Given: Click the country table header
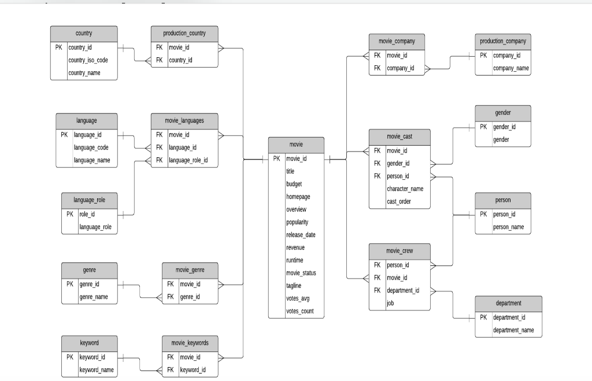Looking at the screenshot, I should pyautogui.click(x=84, y=34).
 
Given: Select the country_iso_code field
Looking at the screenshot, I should pyautogui.click(x=88, y=60).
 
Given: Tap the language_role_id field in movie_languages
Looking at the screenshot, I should pyautogui.click(x=188, y=160).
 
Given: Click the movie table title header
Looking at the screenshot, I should pyautogui.click(x=296, y=144).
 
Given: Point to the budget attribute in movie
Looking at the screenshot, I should pyautogui.click(x=294, y=184).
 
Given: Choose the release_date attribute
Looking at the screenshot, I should pyautogui.click(x=301, y=235).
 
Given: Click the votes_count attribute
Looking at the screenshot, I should pyautogui.click(x=299, y=311).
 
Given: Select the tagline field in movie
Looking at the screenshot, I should pyautogui.click(x=294, y=286).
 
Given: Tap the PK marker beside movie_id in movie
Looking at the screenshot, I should pyautogui.click(x=276, y=158).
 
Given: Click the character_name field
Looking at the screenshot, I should pyautogui.click(x=405, y=188).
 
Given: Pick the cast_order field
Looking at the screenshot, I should pyautogui.click(x=399, y=201).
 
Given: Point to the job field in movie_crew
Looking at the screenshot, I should pyautogui.click(x=390, y=303).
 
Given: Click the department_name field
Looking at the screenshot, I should pyautogui.click(x=513, y=330).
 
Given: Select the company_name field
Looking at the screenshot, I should pyautogui.click(x=510, y=68).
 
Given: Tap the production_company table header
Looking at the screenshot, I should pyautogui.click(x=503, y=42).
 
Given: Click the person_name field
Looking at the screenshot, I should pyautogui.click(x=508, y=227).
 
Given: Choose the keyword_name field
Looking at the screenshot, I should pyautogui.click(x=97, y=369).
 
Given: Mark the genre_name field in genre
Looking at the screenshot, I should pyautogui.click(x=94, y=297).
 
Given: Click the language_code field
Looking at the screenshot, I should pyautogui.click(x=91, y=147).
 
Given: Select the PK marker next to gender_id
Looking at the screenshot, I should pyautogui.click(x=483, y=127).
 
